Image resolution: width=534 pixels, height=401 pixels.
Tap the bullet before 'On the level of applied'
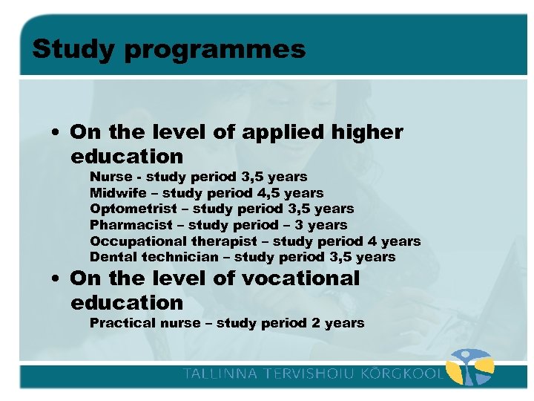56,133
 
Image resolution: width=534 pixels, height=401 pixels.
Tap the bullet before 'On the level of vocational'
56,279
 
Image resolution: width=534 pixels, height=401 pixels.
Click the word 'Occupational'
138,241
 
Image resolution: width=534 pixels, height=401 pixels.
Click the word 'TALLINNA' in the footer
217,373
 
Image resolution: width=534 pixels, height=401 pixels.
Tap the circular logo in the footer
472,369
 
